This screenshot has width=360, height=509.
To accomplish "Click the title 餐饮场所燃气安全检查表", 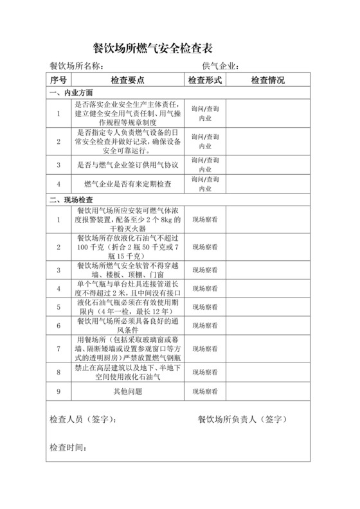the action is [153, 48].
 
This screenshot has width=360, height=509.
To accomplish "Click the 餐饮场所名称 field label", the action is [76, 66].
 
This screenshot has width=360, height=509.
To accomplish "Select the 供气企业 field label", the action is [221, 66].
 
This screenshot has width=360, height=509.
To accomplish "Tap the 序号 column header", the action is [59, 80].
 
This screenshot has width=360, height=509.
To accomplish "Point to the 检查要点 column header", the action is [127, 80].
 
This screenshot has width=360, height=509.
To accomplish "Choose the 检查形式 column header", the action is [204, 80].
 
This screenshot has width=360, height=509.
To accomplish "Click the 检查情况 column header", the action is [268, 80].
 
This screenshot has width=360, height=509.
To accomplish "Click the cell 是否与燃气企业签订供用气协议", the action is [127, 165].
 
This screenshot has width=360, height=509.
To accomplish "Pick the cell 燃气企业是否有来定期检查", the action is [127, 185].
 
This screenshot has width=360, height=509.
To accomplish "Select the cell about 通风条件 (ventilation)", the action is [127, 326].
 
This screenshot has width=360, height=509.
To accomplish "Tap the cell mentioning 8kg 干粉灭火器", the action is [127, 220].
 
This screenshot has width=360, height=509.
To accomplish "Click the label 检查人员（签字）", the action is [83, 419].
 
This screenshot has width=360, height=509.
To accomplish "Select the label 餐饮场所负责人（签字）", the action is [242, 419].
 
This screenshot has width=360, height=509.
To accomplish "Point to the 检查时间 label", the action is [67, 447].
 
